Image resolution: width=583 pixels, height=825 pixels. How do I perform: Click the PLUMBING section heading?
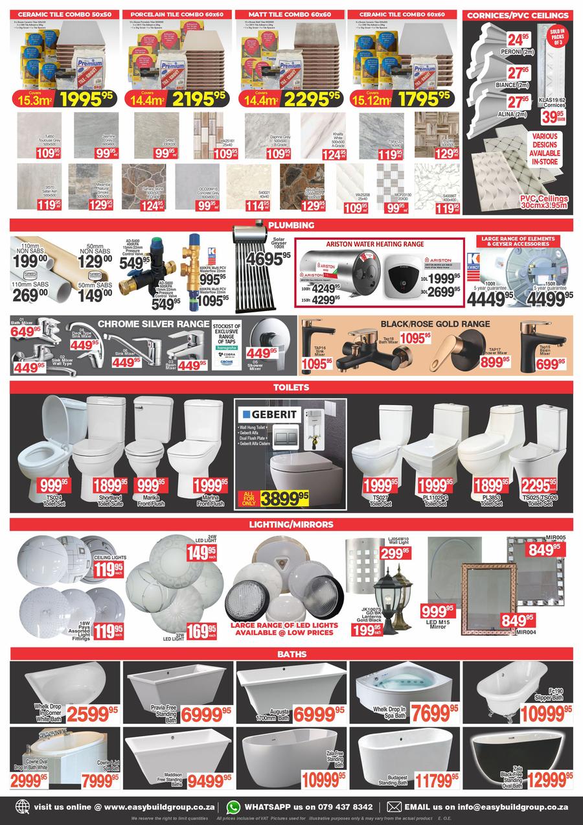tap(291, 225)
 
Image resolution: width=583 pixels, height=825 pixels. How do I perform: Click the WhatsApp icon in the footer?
tap(233, 807)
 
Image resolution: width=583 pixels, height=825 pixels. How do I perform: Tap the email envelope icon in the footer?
tap(394, 807)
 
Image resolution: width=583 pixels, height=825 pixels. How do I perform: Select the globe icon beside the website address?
tap(23, 808)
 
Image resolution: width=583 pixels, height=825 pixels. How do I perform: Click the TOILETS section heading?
tap(291, 387)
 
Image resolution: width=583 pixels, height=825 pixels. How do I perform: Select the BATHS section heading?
tap(291, 653)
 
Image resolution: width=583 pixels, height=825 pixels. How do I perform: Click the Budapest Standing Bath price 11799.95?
tap(429, 778)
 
